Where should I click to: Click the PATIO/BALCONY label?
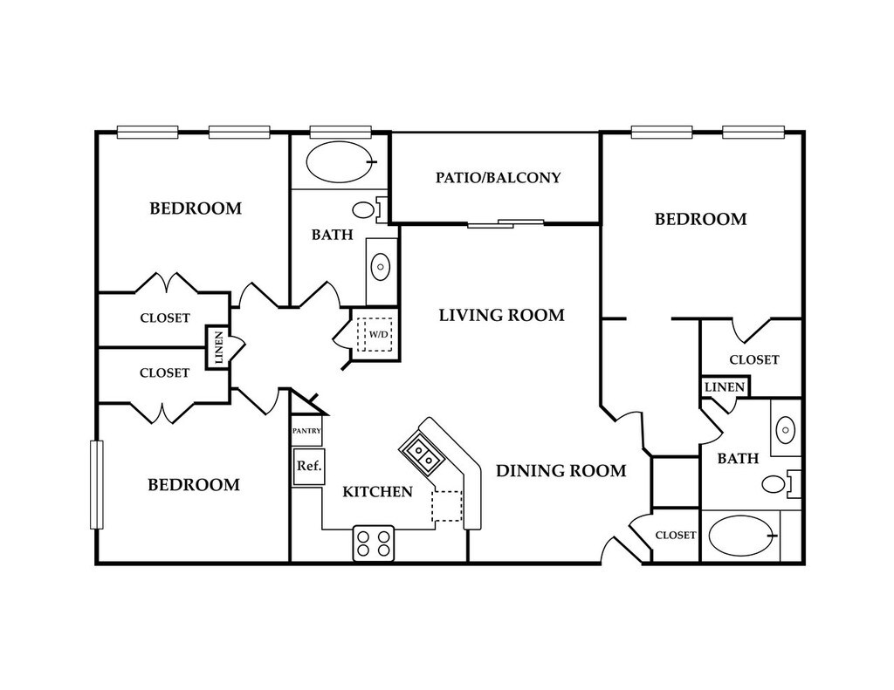tap(499, 178)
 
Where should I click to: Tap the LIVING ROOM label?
tap(502, 315)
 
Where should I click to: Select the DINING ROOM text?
tap(561, 471)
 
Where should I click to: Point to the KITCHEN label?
tap(377, 492)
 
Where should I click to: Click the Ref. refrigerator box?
tap(309, 467)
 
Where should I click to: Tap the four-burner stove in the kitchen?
tap(374, 543)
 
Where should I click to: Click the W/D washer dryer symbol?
tap(375, 334)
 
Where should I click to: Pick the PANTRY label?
tap(306, 431)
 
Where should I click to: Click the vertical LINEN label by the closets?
tap(217, 347)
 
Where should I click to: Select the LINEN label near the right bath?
tap(725, 387)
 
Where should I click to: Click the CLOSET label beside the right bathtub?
tap(676, 536)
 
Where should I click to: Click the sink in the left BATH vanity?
tap(381, 266)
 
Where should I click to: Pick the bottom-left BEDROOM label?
tap(194, 485)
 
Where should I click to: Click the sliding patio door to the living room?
tap(505, 223)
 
